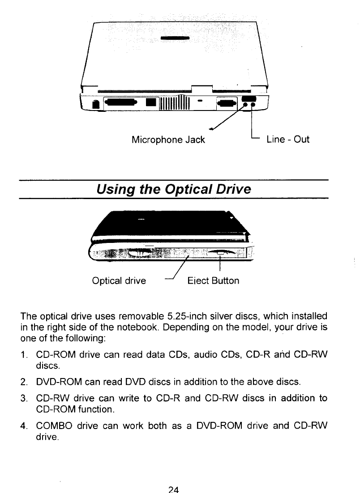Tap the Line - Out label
(287, 140)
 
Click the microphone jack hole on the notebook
(246, 106)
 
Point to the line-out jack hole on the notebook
(253, 106)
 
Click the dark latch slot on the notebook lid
(176, 38)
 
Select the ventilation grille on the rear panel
(176, 104)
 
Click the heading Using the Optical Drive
(174, 190)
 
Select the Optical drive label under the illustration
(119, 281)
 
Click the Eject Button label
(213, 281)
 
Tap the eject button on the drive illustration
(220, 254)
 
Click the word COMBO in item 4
(55, 425)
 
